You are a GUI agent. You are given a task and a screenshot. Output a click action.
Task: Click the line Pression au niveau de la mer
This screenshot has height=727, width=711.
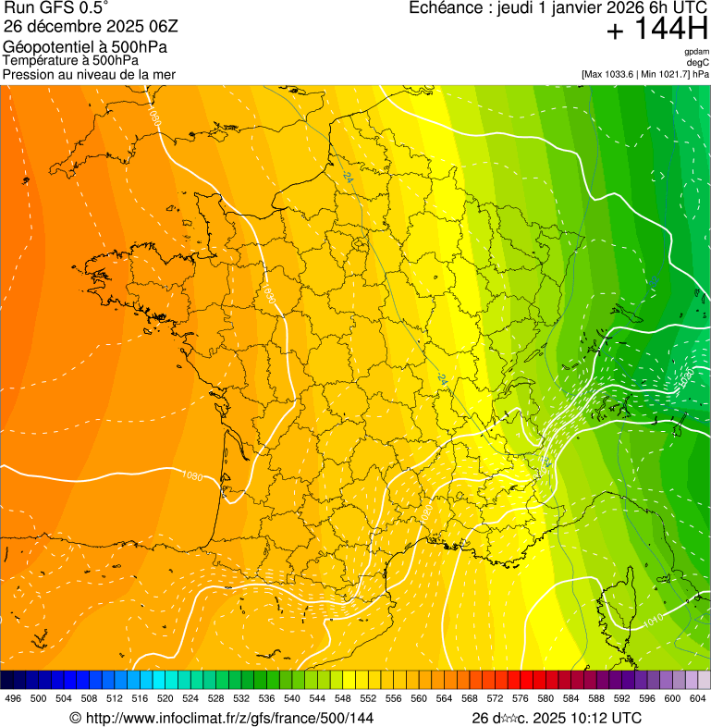(89, 74)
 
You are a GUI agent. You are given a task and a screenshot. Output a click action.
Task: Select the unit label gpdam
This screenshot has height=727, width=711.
(696, 52)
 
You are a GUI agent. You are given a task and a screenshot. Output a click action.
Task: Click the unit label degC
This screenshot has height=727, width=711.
(698, 63)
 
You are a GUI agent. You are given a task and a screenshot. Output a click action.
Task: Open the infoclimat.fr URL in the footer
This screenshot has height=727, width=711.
(222, 718)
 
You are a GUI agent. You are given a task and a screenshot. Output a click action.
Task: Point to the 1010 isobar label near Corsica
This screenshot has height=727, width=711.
(653, 621)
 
